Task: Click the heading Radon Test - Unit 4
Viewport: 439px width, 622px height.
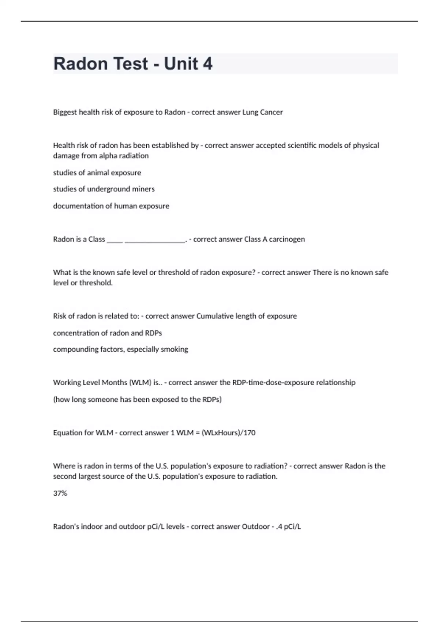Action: click(133, 64)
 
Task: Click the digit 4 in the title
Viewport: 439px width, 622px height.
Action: click(207, 64)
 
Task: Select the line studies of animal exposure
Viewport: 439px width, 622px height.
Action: click(97, 173)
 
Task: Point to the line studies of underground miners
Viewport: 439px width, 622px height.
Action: click(104, 189)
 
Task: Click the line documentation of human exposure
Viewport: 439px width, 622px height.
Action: click(111, 206)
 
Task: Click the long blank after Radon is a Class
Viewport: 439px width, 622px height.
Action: click(155, 240)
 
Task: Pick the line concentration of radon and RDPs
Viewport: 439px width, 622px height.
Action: click(107, 333)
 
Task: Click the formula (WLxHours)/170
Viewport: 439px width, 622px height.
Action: click(228, 433)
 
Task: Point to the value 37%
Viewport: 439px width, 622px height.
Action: click(60, 494)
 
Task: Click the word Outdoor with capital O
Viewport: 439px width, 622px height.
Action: click(256, 527)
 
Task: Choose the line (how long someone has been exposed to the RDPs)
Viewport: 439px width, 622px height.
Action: click(137, 400)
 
